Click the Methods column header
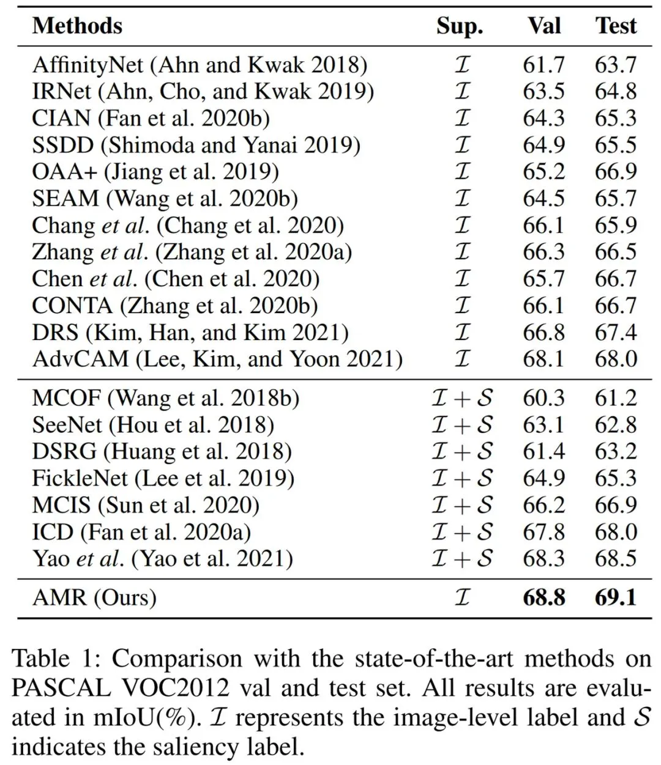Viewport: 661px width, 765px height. click(x=77, y=26)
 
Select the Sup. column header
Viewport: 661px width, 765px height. click(x=460, y=26)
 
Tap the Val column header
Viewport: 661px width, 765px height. click(x=544, y=26)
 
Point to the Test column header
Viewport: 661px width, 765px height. click(x=616, y=26)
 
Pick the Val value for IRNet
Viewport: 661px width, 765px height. click(x=544, y=92)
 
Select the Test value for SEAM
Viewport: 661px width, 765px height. click(x=616, y=199)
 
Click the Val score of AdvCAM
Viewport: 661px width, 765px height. click(x=544, y=359)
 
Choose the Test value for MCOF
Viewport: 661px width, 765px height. click(x=616, y=398)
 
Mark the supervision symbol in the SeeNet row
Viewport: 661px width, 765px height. click(x=462, y=425)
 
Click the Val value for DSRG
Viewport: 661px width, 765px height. click(x=544, y=452)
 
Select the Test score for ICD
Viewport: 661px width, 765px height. click(x=616, y=532)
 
